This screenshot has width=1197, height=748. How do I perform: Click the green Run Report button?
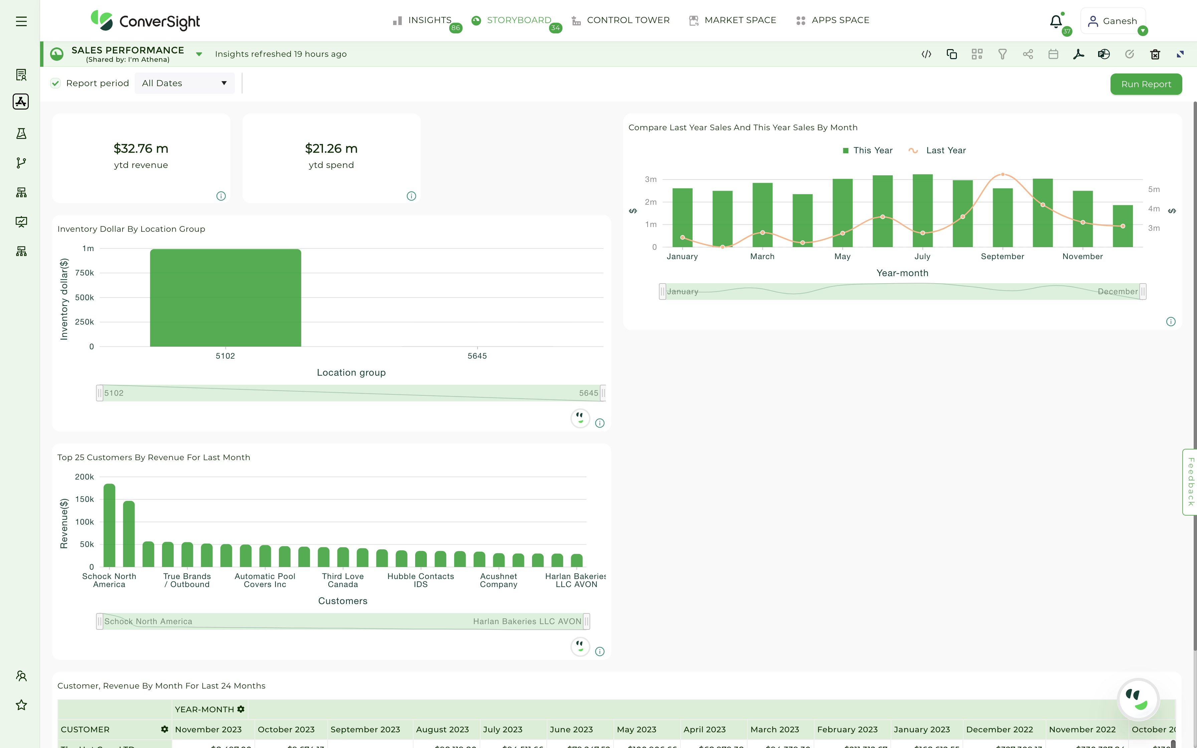pos(1146,84)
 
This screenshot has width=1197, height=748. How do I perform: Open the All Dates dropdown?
pos(184,83)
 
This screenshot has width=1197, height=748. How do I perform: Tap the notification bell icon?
pos(1055,21)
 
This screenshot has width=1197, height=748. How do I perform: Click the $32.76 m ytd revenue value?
pos(141,148)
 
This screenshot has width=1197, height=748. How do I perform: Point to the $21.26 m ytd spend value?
pos(331,148)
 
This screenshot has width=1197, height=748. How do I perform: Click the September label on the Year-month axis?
pos(1002,256)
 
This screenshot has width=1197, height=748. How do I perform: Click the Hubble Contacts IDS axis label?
pos(420,580)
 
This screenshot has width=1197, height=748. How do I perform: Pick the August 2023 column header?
pos(442,729)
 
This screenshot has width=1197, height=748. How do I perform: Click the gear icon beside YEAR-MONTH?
pos(241,709)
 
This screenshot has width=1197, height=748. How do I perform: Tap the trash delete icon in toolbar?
pos(1155,54)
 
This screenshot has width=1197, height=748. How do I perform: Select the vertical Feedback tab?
pos(1190,482)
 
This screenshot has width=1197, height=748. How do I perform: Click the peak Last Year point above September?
pos(1003,175)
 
